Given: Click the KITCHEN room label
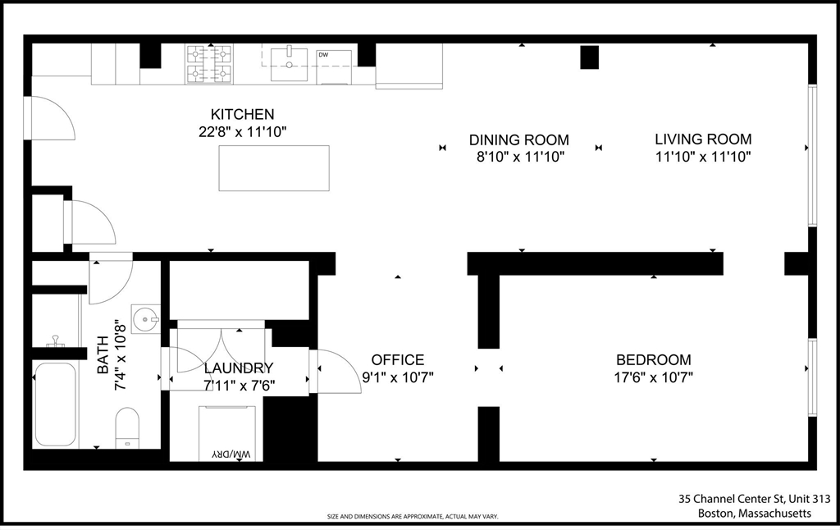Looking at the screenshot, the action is [242, 114].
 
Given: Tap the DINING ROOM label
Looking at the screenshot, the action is [518, 139].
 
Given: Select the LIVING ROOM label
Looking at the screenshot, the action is [703, 139].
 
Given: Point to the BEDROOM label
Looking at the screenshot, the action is [653, 359].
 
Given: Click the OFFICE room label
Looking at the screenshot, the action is [398, 359].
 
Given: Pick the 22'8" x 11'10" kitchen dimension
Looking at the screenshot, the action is [243, 132].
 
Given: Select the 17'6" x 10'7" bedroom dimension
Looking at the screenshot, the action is [653, 377].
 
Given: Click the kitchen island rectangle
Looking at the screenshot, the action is [274, 167].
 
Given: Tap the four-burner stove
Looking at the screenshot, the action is [209, 64].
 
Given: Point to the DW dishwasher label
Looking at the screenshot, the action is [323, 55].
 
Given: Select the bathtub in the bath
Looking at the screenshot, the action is [55, 404].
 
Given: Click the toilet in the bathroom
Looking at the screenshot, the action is [127, 427].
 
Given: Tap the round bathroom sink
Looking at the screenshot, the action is [146, 319].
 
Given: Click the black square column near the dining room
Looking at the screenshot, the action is [589, 57].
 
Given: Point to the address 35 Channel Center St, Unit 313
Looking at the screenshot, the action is [755, 499].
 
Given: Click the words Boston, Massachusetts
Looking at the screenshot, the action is [755, 514].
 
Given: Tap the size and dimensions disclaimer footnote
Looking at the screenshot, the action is [413, 517].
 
